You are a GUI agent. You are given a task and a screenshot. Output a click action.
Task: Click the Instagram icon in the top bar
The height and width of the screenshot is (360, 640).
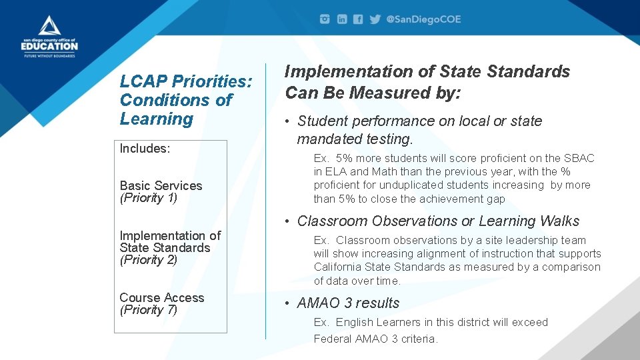click(x=325, y=19)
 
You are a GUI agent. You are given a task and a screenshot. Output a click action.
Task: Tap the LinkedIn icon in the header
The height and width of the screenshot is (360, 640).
click(x=341, y=19)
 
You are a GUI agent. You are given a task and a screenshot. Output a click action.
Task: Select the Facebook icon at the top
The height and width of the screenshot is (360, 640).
click(x=358, y=19)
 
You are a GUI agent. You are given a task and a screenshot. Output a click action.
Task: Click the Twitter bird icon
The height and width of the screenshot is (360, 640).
click(x=375, y=19)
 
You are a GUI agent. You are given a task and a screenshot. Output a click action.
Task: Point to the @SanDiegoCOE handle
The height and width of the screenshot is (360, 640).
click(x=423, y=19)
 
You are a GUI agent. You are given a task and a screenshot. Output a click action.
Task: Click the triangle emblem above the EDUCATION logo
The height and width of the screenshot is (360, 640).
click(x=49, y=26)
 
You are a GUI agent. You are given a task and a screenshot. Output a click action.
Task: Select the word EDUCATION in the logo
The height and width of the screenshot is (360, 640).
click(x=49, y=46)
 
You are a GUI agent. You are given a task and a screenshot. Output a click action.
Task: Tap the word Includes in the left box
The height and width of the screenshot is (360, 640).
click(x=145, y=149)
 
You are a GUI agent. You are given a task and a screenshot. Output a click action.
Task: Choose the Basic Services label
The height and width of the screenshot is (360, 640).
click(x=161, y=185)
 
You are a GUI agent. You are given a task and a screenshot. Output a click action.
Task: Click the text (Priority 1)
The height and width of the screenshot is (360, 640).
click(x=149, y=198)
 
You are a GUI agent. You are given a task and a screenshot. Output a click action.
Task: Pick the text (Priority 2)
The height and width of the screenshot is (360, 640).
click(x=149, y=260)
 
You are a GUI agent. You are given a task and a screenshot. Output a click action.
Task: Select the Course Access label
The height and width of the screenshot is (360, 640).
click(x=162, y=297)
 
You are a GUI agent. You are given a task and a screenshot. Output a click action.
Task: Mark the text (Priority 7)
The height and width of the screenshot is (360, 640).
click(x=149, y=310)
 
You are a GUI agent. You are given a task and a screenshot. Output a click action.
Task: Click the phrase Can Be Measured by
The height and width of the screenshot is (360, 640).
click(x=373, y=93)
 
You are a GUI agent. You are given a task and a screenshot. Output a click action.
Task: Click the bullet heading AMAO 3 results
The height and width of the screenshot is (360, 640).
click(x=348, y=303)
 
